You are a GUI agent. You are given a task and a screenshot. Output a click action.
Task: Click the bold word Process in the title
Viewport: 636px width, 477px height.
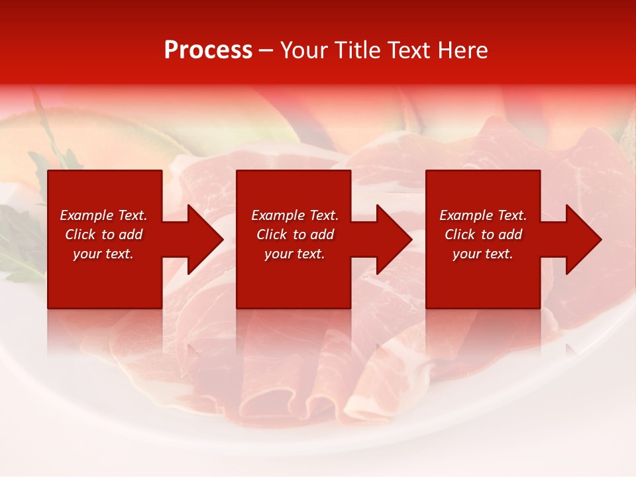click(x=208, y=50)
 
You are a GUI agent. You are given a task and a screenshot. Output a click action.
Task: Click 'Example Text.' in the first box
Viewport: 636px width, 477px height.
click(x=103, y=215)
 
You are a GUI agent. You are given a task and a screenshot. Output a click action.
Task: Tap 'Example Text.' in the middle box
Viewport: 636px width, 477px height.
click(x=295, y=215)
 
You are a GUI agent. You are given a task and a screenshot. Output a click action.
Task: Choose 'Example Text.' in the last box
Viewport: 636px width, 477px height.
click(x=483, y=215)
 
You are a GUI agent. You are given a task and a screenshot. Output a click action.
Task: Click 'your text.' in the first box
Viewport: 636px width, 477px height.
click(x=103, y=254)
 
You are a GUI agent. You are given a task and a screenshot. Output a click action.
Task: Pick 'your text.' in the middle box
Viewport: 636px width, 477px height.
click(x=295, y=254)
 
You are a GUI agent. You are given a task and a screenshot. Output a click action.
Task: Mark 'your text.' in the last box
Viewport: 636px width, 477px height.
click(x=483, y=254)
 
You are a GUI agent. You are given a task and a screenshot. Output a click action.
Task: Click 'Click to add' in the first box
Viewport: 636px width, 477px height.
click(x=103, y=235)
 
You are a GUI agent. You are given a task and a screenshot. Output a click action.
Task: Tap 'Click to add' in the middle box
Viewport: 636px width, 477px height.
click(x=295, y=235)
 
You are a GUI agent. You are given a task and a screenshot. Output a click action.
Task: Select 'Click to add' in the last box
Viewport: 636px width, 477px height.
click(x=483, y=235)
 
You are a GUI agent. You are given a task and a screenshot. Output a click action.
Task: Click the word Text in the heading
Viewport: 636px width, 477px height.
click(x=409, y=50)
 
